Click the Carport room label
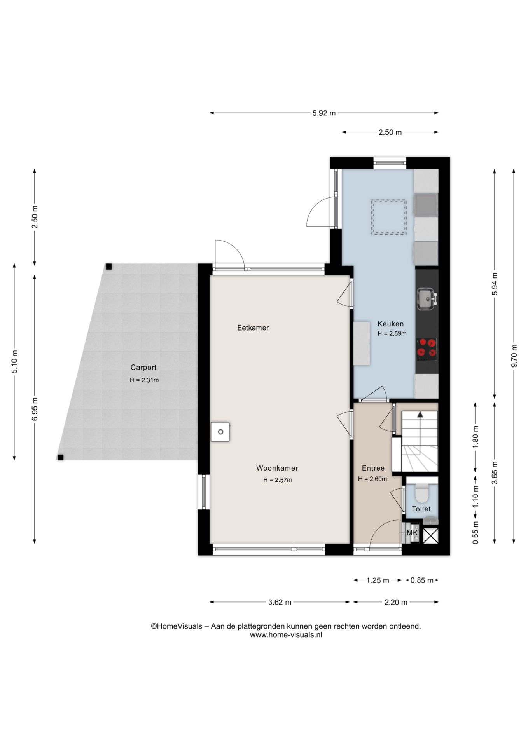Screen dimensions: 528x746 (x=143, y=367)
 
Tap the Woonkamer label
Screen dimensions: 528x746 (x=277, y=468)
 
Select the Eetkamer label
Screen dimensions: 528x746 (x=253, y=328)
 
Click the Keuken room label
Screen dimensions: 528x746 (x=390, y=324)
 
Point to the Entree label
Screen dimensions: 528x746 (x=373, y=468)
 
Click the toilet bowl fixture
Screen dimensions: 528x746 (x=421, y=493)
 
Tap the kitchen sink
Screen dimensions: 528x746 (x=427, y=299)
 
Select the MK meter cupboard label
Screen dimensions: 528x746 (x=412, y=533)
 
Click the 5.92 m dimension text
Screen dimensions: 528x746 (x=324, y=113)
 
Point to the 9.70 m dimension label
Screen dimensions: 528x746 (x=514, y=356)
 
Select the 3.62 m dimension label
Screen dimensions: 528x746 (x=280, y=602)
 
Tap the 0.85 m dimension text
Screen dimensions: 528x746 (x=421, y=580)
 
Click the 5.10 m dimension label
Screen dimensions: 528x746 (x=14, y=361)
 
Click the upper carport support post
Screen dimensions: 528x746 (x=109, y=267)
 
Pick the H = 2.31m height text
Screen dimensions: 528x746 (x=144, y=380)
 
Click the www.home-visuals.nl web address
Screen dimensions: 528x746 (x=286, y=635)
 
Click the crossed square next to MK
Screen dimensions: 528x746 (x=430, y=535)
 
